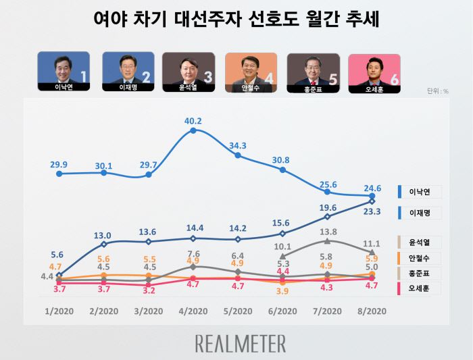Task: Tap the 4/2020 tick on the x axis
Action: point(193,311)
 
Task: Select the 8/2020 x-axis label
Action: point(372,311)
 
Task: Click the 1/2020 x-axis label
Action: point(59,311)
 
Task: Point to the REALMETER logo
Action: point(241,343)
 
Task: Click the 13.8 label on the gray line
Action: point(327,232)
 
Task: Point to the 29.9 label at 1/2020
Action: point(59,164)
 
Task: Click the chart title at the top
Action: point(236,19)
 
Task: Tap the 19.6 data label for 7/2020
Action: point(327,207)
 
